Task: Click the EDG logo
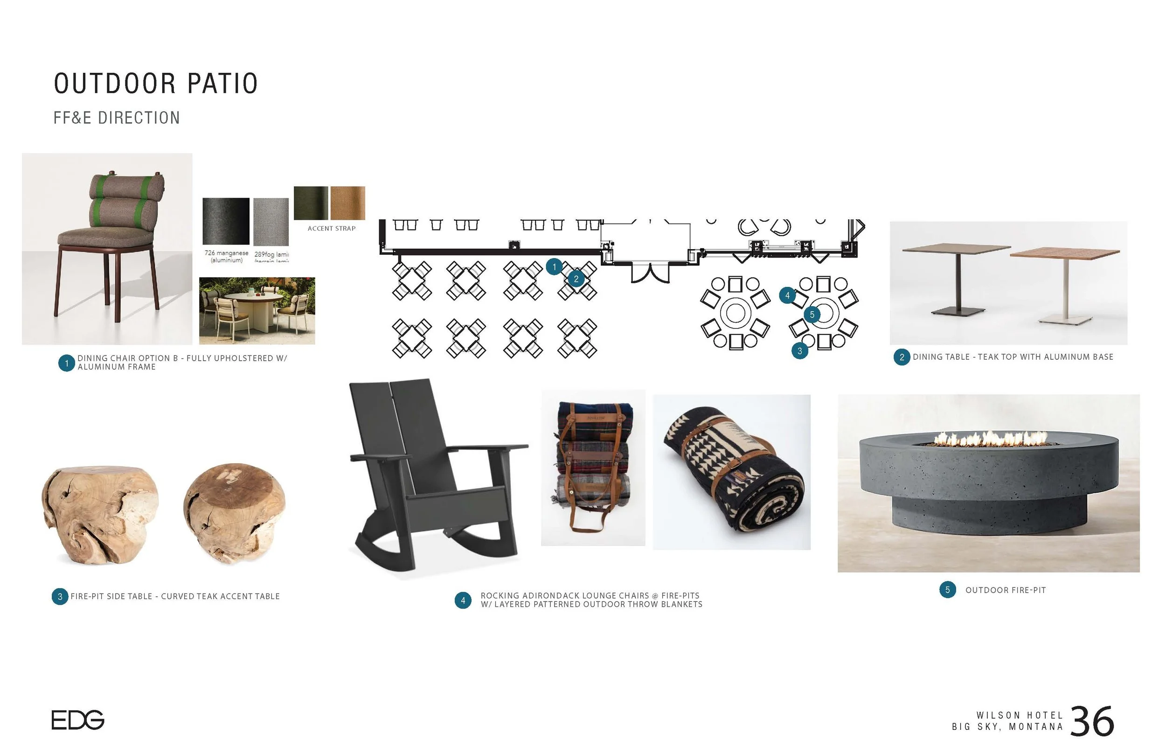[x=77, y=720]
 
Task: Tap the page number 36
[x=1092, y=722]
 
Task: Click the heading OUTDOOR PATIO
[x=156, y=84]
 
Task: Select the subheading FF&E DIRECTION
[x=117, y=118]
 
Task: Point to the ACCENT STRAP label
[x=331, y=229]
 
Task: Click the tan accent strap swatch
[x=347, y=203]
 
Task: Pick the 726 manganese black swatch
[x=226, y=221]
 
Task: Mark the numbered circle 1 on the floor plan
[x=554, y=267]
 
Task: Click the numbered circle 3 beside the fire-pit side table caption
[x=60, y=597]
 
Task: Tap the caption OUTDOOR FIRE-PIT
[x=1005, y=590]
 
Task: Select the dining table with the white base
[x=1066, y=284]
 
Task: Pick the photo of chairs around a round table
[x=257, y=311]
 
